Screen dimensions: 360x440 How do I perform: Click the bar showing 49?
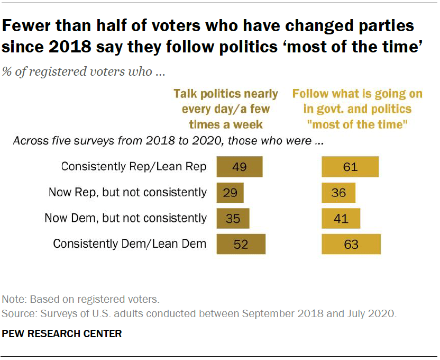pos(240,167)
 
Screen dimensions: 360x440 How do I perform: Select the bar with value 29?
pos(230,192)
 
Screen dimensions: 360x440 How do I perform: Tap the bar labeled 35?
pos(233,218)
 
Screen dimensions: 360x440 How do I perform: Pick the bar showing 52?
pos(241,244)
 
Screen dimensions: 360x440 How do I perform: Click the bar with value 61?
pos(350,167)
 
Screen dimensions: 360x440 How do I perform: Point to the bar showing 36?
pos(338,192)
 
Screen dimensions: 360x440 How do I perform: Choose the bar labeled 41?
pos(341,218)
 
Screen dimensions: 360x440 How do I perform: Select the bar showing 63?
pos(351,244)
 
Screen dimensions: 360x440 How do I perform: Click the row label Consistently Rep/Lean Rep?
pos(134,167)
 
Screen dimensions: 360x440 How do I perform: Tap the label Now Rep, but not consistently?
pos(127,192)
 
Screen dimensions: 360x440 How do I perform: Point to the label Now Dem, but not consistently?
pos(127,218)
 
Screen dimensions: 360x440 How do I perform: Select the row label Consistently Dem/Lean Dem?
pos(130,244)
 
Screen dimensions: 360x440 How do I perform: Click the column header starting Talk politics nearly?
pos(226,109)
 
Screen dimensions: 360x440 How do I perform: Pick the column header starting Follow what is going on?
pos(357,109)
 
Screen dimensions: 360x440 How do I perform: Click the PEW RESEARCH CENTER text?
pos(62,334)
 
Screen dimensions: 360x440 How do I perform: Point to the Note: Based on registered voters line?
pos(80,299)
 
